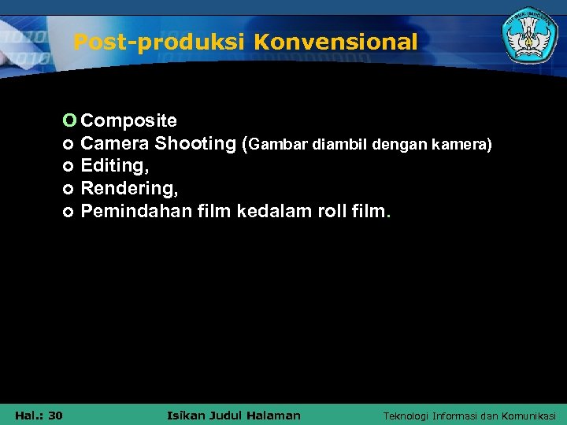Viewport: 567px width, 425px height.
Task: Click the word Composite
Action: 129,120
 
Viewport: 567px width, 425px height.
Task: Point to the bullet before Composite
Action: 69,120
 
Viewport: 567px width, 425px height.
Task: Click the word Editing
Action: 114,166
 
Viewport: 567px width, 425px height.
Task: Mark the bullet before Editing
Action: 69,167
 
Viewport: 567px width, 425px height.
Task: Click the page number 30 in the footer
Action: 55,415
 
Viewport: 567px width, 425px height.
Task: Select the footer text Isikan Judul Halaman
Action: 235,415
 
